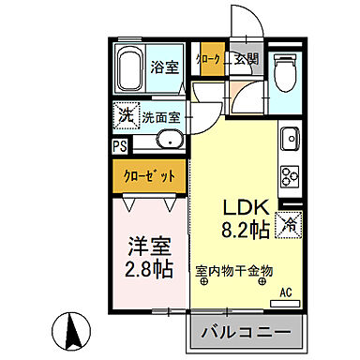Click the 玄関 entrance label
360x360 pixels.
pyautogui.click(x=247, y=59)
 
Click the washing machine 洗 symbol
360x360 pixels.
pyautogui.click(x=127, y=117)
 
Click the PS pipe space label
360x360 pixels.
pyautogui.click(x=120, y=146)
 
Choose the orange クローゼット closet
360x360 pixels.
pyautogui.click(x=150, y=174)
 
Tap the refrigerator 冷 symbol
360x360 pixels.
pyautogui.click(x=291, y=225)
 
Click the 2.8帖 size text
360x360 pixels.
pyautogui.click(x=150, y=270)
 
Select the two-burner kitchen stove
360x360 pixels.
pyautogui.click(x=288, y=175)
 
